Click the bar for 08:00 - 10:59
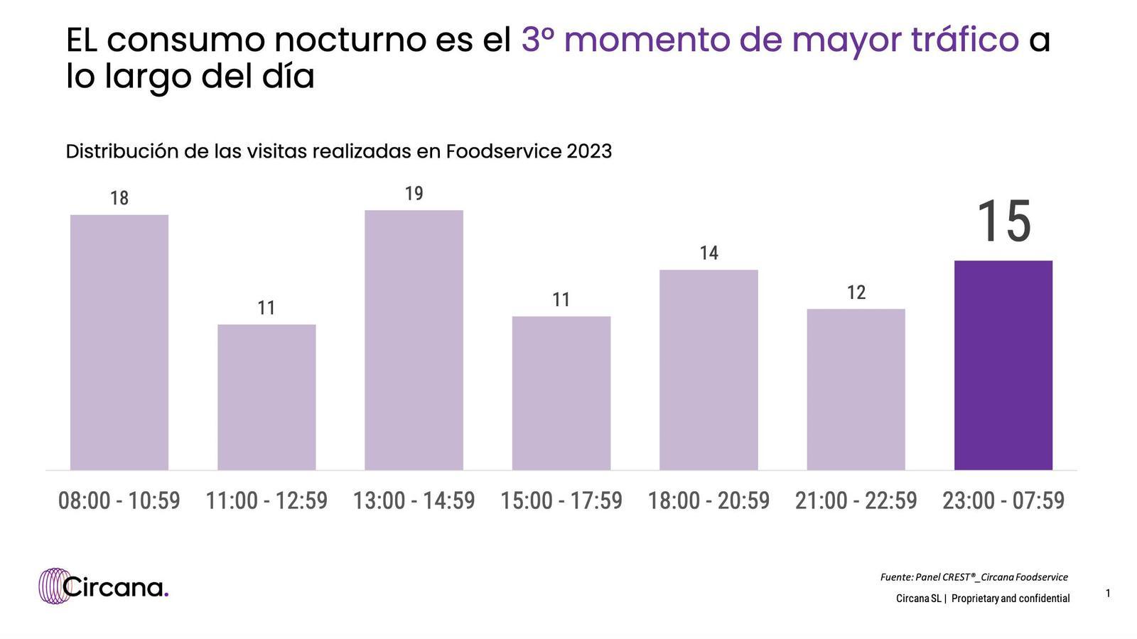point(119,342)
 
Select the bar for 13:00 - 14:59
point(414,340)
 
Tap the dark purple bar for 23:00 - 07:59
point(1003,365)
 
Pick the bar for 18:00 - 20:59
point(708,370)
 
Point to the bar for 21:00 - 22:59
point(856,389)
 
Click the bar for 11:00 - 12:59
point(266,397)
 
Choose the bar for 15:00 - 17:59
point(561,393)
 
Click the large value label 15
point(1003,222)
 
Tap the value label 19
point(414,193)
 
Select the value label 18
point(119,198)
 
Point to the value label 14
point(708,253)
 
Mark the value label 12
point(856,293)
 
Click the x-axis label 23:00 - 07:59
point(1003,501)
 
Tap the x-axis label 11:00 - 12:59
point(266,501)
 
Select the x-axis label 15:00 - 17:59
point(561,501)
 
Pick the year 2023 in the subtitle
point(589,151)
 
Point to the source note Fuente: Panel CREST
point(974,577)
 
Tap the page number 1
point(1108,593)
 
